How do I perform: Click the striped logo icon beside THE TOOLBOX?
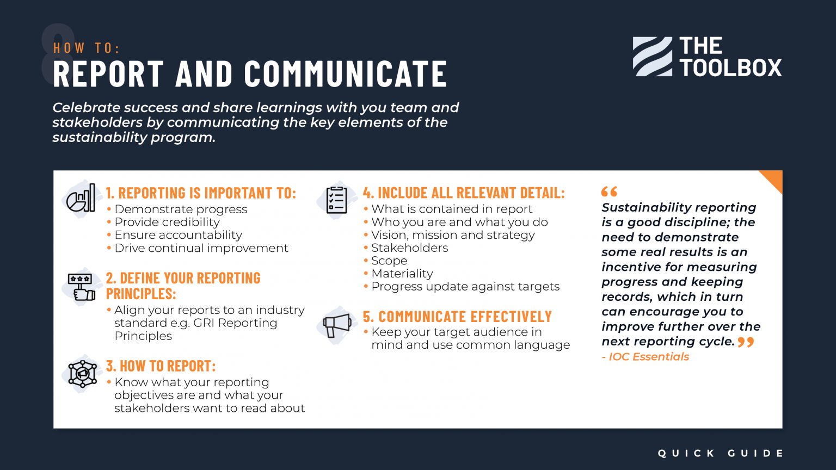pyautogui.click(x=652, y=57)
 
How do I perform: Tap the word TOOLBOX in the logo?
pyautogui.click(x=730, y=68)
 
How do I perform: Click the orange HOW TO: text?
pyautogui.click(x=87, y=48)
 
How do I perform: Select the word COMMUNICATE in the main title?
pyautogui.click(x=346, y=74)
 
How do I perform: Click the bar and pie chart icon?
pyautogui.click(x=81, y=198)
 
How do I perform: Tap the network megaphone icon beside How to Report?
pyautogui.click(x=82, y=374)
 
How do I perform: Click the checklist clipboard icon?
pyautogui.click(x=336, y=200)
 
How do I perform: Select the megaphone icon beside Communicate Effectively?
pyautogui.click(x=337, y=325)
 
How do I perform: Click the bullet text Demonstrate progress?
pyautogui.click(x=181, y=209)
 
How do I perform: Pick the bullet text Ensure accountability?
pyautogui.click(x=178, y=235)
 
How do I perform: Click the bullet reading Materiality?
pyautogui.click(x=402, y=274)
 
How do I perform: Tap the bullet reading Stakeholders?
pyautogui.click(x=409, y=248)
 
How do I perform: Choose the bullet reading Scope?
pyautogui.click(x=389, y=261)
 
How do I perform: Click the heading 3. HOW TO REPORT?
pyautogui.click(x=161, y=366)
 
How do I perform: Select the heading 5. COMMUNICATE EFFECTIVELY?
pyautogui.click(x=457, y=317)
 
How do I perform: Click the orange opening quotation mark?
pyautogui.click(x=609, y=191)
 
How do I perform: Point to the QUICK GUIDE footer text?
pyautogui.click(x=720, y=453)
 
